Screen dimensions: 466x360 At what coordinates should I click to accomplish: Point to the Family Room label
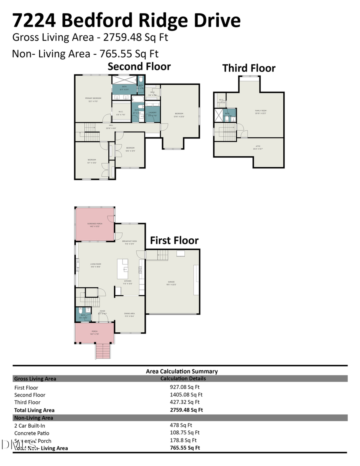[261, 112]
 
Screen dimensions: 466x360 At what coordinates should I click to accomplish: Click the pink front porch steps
[102, 351]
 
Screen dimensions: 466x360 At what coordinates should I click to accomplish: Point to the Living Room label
[95, 265]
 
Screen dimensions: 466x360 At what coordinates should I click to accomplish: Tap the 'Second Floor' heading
[139, 66]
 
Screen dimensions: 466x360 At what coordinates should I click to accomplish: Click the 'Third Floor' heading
[249, 68]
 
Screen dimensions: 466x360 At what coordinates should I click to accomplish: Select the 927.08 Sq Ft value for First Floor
[185, 387]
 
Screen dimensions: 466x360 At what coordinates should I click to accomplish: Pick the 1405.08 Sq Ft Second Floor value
[186, 395]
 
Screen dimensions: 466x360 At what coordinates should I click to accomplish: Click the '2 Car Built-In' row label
[30, 426]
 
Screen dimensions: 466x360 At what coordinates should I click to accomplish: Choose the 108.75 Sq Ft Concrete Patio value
[185, 433]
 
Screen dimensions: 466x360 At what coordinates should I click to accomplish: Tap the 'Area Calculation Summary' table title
[182, 372]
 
